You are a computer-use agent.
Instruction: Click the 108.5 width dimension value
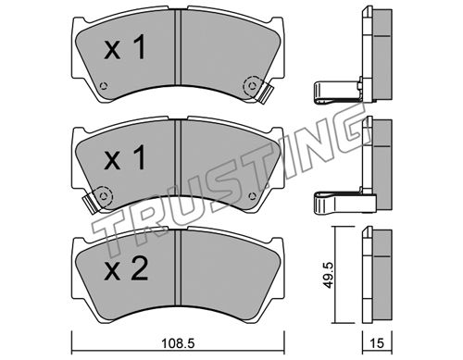179,343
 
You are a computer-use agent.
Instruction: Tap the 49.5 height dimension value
328,275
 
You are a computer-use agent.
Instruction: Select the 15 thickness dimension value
377,343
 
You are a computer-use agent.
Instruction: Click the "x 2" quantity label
126,269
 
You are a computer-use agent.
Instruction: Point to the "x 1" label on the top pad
125,47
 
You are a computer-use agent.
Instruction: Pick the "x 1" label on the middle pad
125,157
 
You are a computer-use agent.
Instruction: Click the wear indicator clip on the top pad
265,93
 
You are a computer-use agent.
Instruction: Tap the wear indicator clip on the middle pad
90,204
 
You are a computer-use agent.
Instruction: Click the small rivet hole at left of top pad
104,85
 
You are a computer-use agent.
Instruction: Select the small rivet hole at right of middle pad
252,196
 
